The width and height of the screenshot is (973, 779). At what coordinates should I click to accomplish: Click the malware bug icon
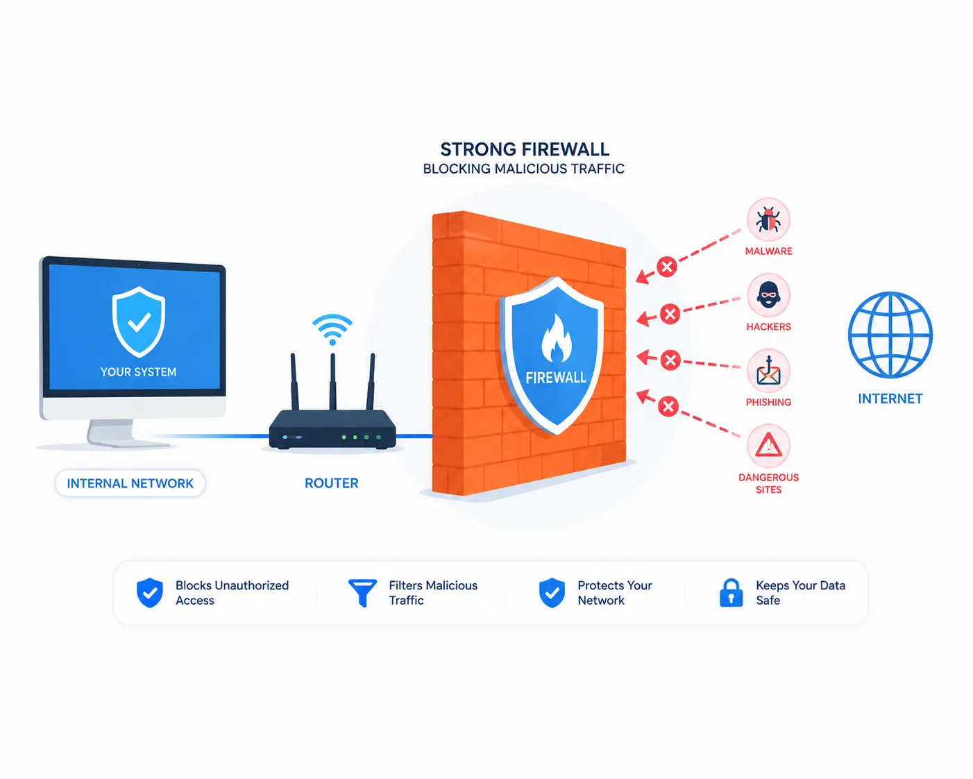pos(768,220)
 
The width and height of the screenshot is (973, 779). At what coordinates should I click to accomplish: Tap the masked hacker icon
pos(768,295)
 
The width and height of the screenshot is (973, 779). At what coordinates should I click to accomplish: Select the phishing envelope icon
pos(768,372)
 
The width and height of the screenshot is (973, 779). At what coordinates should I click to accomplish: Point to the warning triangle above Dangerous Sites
pos(769,445)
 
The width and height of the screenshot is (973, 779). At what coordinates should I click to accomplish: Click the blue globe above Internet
pos(890,335)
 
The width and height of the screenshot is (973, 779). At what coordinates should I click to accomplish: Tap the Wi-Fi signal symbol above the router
pos(332,330)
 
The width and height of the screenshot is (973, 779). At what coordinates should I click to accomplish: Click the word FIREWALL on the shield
pos(556,378)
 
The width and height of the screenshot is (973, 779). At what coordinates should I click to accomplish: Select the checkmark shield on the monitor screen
pos(138,321)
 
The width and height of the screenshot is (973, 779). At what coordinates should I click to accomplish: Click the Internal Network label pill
pos(130,483)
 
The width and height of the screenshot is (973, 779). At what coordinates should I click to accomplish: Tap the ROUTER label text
pos(332,483)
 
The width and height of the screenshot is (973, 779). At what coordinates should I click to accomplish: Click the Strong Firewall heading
pos(525,149)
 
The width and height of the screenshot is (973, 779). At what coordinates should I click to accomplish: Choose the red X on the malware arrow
pos(666,267)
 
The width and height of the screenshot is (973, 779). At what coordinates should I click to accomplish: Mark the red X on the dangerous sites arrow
pos(668,406)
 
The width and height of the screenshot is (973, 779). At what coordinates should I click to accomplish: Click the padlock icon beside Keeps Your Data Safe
pos(731,592)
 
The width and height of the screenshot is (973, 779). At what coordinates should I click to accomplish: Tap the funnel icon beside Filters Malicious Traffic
pos(362,593)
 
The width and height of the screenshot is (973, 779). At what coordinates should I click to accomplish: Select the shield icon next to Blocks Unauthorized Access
pos(150,593)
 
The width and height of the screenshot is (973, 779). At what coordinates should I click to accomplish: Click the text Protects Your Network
pos(614,593)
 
